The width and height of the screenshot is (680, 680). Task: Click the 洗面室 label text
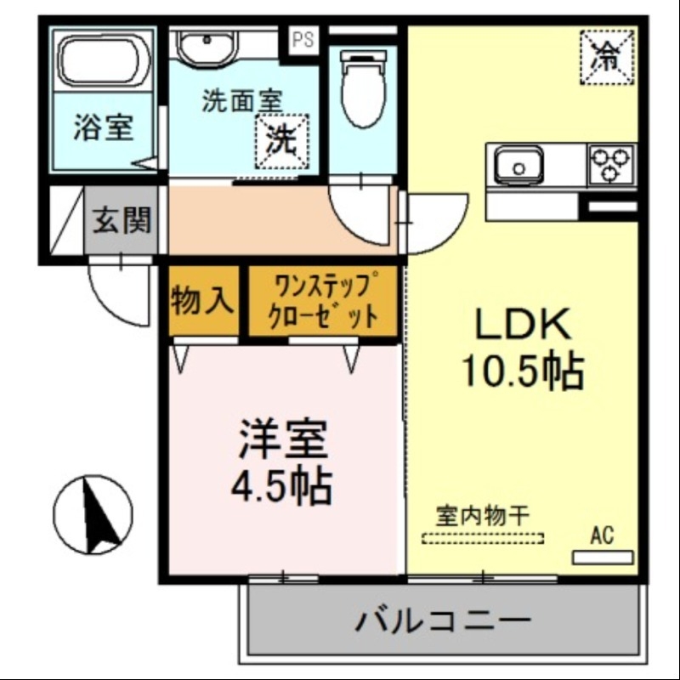(x=241, y=102)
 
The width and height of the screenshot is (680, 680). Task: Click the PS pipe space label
(x=303, y=39)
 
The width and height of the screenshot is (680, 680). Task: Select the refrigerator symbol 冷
(x=607, y=56)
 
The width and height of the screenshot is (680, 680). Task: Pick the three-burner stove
(x=612, y=163)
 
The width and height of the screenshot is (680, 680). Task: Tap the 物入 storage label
(x=201, y=300)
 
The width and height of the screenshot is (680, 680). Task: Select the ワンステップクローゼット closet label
(x=322, y=300)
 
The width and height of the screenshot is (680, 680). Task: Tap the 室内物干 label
(x=483, y=515)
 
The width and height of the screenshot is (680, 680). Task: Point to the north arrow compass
(x=93, y=515)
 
